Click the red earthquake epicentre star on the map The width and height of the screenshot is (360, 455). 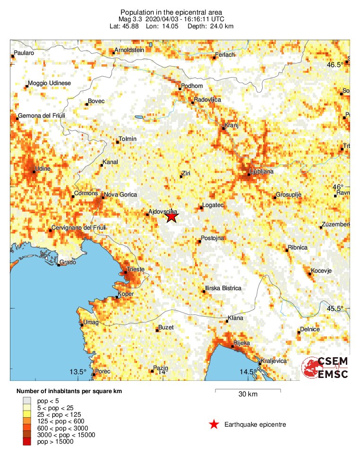coord(171,217)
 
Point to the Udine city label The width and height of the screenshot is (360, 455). coord(43,169)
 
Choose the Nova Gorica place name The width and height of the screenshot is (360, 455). coord(120,195)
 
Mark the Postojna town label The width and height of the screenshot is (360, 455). coord(213,238)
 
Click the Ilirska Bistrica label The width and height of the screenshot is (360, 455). coord(223,288)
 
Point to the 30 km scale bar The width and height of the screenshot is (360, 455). coord(248,390)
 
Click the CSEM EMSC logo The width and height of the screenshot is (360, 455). coord(326,368)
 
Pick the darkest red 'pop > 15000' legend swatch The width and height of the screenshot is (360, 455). coord(26,442)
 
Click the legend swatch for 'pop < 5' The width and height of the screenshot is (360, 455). coord(26,401)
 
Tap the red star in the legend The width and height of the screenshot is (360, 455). coord(214,425)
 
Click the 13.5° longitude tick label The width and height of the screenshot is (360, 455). coord(78,371)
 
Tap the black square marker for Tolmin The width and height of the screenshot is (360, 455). coord(118,142)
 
